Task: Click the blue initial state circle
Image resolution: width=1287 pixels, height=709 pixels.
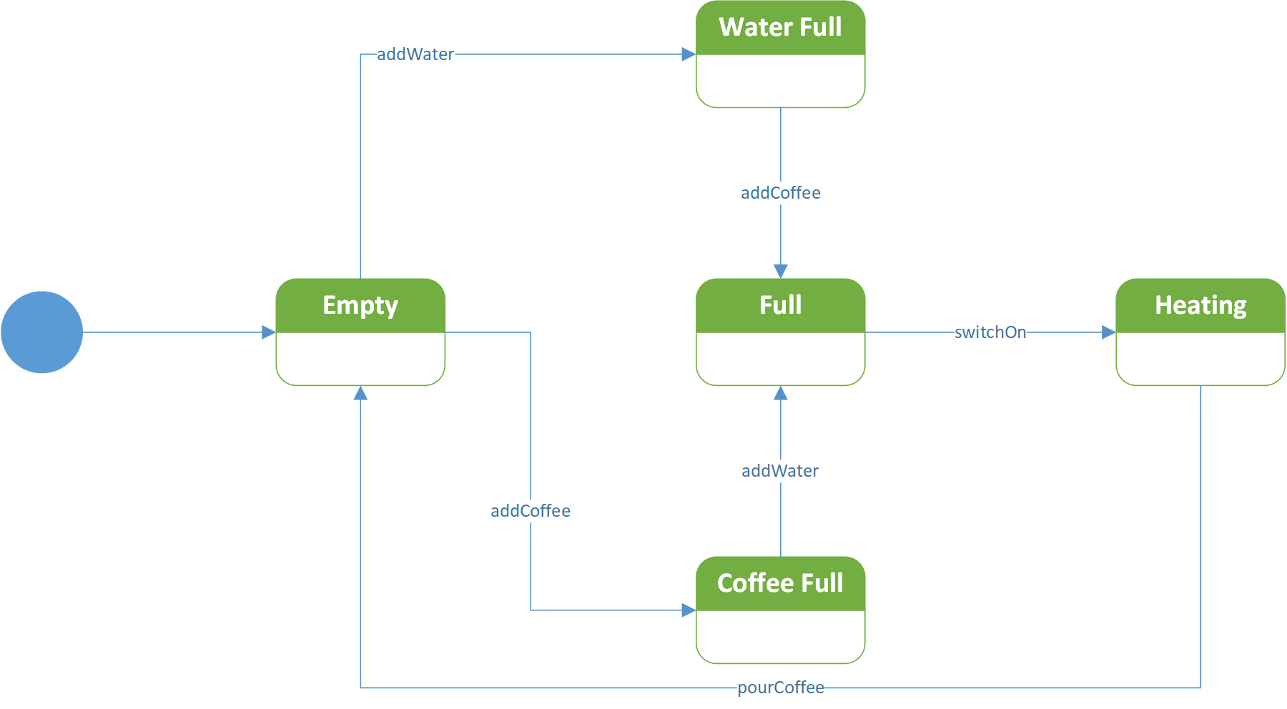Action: [x=42, y=332]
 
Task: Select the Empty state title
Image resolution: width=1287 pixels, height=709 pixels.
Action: [x=360, y=305]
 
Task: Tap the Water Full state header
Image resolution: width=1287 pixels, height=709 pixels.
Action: [x=780, y=28]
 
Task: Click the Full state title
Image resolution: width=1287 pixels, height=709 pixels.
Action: [x=780, y=305]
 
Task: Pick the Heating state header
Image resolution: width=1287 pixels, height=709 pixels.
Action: [x=1200, y=305]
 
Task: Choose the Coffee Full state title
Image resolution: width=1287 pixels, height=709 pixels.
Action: [x=780, y=583]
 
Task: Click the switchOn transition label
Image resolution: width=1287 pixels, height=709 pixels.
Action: [x=990, y=332]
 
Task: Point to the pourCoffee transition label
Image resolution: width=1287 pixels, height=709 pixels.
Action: [x=781, y=688]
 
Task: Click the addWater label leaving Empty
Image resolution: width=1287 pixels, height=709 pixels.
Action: [x=415, y=54]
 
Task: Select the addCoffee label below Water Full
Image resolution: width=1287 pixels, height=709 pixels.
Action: [x=781, y=193]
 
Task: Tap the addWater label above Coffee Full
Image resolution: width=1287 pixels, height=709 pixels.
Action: [x=780, y=471]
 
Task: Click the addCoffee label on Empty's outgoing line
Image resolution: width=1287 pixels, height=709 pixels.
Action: [x=531, y=511]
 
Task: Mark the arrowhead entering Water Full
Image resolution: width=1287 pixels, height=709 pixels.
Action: [x=689, y=54]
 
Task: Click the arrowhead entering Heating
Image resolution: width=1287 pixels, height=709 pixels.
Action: [x=1108, y=332]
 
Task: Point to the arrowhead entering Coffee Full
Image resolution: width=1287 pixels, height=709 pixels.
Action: [x=689, y=610]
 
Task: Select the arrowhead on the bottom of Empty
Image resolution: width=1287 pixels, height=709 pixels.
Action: [x=360, y=393]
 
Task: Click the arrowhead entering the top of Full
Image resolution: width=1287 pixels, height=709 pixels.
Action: [x=781, y=271]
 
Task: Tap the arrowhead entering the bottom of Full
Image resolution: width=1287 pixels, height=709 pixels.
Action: [x=781, y=393]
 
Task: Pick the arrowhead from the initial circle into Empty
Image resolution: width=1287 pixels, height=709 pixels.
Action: [x=269, y=332]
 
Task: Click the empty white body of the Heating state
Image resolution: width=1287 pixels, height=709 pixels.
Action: [x=1200, y=359]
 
